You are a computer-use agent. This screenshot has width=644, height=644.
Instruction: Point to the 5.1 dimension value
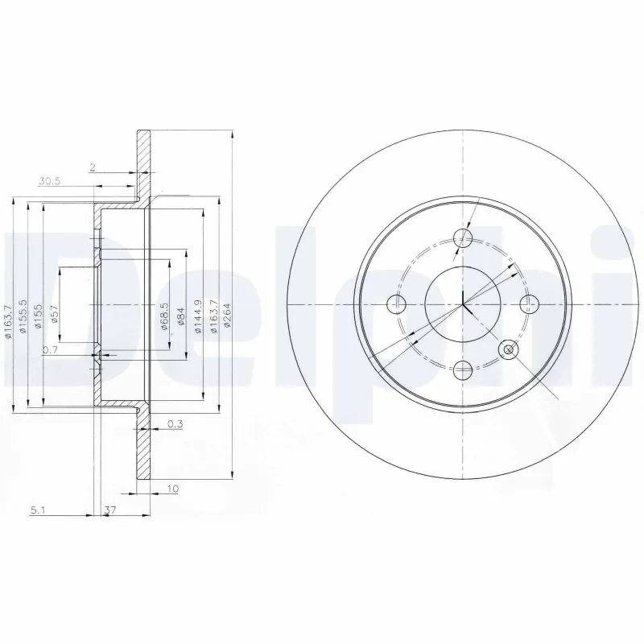(x=38, y=509)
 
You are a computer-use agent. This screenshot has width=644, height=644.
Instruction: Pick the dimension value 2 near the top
(x=93, y=167)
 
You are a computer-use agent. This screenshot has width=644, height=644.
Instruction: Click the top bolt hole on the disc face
(x=463, y=237)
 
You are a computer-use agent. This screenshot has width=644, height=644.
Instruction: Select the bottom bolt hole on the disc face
(x=463, y=370)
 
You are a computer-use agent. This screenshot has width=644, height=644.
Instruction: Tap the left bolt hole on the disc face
(x=396, y=304)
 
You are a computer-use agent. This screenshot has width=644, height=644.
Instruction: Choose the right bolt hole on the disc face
(x=529, y=304)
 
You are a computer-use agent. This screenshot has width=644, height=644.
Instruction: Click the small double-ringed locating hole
(x=509, y=349)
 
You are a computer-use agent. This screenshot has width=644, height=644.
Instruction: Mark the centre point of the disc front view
(x=463, y=304)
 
